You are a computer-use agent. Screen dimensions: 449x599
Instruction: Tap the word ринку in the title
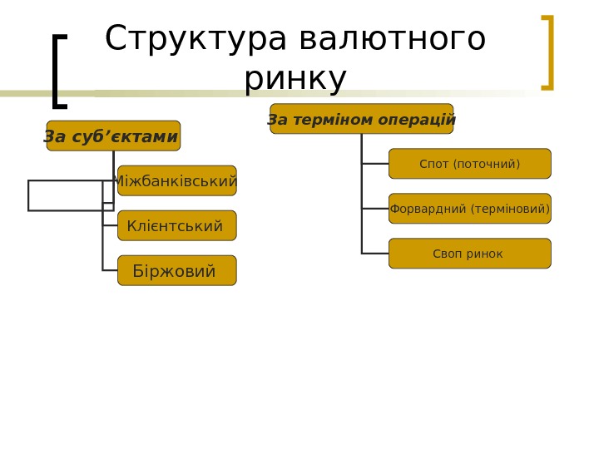[x=295, y=79]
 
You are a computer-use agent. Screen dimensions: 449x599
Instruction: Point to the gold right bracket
[x=548, y=52]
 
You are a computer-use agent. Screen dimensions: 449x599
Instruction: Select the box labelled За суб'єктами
[x=113, y=136]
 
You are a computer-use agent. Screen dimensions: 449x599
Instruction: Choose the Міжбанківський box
[x=177, y=180]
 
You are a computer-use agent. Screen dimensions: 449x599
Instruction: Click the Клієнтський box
[x=177, y=225]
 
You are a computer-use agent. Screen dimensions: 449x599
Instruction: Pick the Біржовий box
[x=177, y=270]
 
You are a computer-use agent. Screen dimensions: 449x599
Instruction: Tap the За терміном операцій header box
[x=362, y=119]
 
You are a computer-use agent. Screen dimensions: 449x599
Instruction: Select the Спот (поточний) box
[x=470, y=164]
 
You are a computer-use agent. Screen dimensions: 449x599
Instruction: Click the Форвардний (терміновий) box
[x=470, y=209]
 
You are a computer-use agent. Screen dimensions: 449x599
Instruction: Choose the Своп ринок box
[x=470, y=254]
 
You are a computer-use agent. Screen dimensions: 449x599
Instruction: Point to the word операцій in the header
[x=417, y=120]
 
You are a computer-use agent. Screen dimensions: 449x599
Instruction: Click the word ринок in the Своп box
[x=485, y=254]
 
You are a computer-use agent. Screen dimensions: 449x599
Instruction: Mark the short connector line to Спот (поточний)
[x=375, y=164]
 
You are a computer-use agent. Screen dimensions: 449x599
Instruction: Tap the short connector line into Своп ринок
[x=375, y=253]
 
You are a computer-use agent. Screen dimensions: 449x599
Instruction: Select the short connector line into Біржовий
[x=110, y=270]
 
